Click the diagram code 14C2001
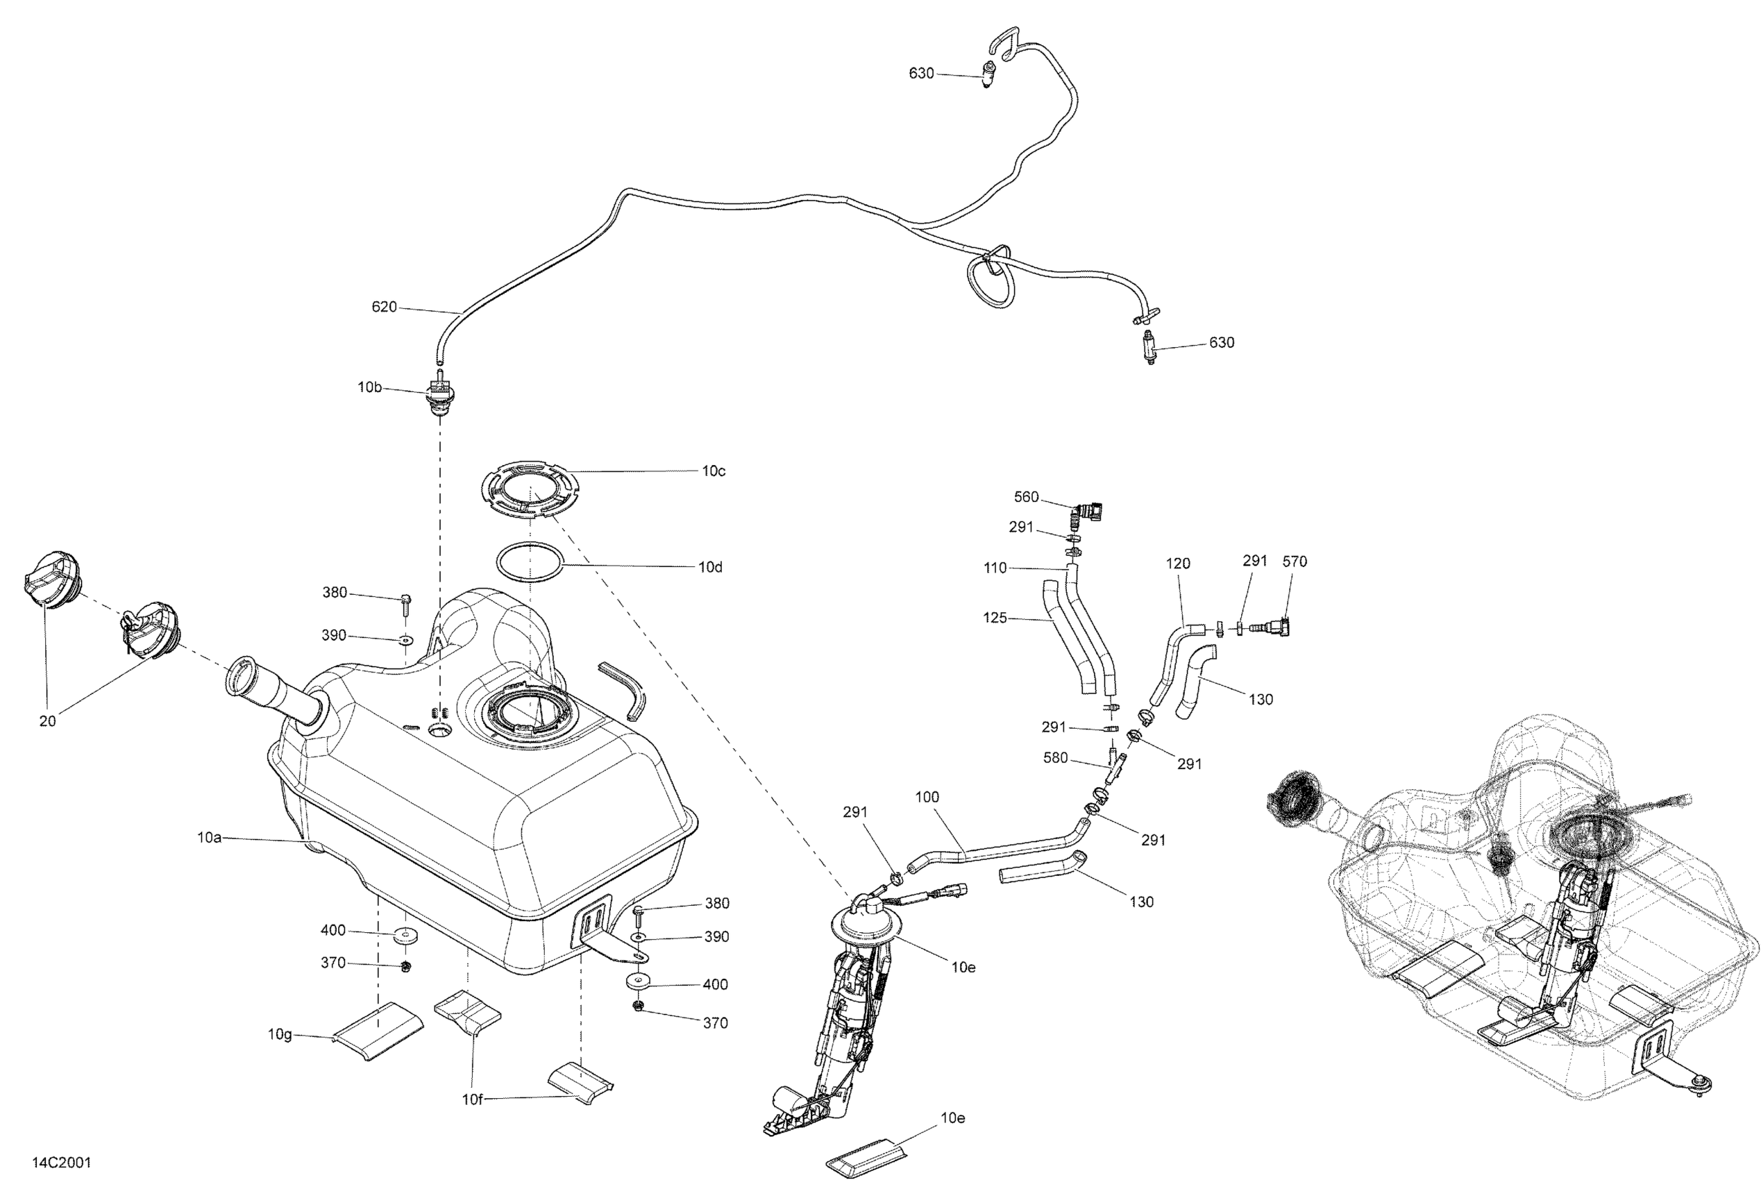(61, 1163)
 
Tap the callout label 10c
(714, 471)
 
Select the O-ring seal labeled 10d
(530, 562)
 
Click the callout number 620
(384, 307)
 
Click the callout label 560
(1026, 497)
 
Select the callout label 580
(1055, 758)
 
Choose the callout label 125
(994, 618)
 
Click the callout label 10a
(209, 837)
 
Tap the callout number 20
(47, 721)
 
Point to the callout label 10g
(280, 1034)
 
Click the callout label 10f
(472, 1099)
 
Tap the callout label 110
(995, 568)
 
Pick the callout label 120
(1178, 564)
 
